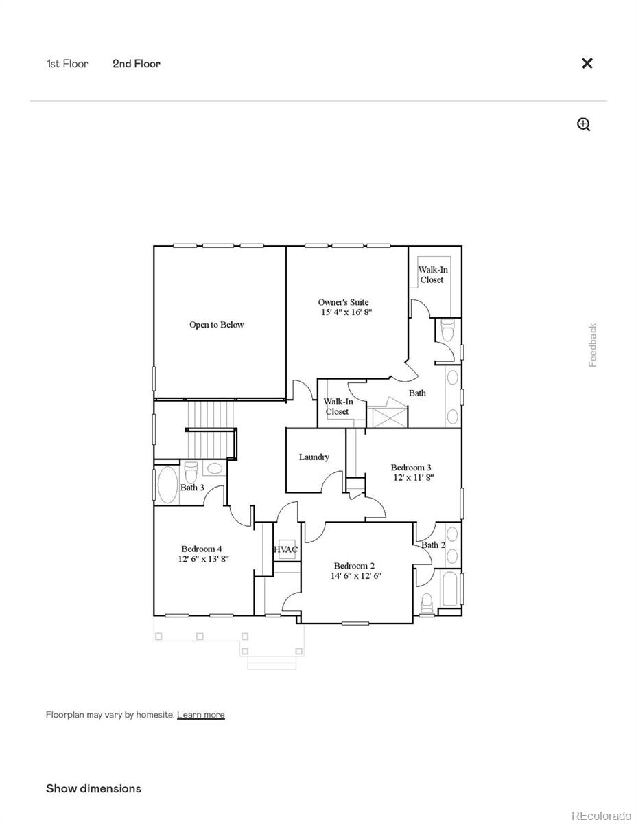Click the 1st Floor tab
click(x=67, y=64)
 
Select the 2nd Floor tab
click(x=137, y=64)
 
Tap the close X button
click(x=587, y=63)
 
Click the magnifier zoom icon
click(x=584, y=124)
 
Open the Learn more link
click(x=200, y=715)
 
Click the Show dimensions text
click(x=93, y=788)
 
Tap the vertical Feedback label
click(x=593, y=345)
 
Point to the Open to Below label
click(x=217, y=325)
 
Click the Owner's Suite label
click(x=343, y=302)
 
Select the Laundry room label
click(x=314, y=457)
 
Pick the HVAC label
click(x=285, y=549)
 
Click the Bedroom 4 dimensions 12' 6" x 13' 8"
click(x=203, y=559)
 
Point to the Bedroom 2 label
click(x=354, y=566)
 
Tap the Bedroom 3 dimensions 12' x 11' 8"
click(x=412, y=477)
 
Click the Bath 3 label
click(x=192, y=488)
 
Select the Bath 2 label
click(x=433, y=545)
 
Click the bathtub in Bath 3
click(x=167, y=485)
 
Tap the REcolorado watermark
click(x=601, y=816)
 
